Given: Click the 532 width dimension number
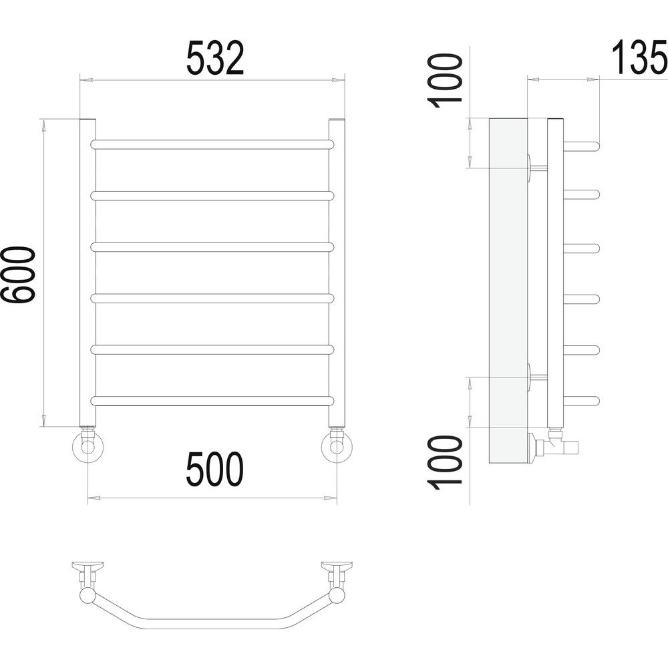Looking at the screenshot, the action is (x=215, y=58).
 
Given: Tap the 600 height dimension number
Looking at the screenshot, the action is (x=17, y=275).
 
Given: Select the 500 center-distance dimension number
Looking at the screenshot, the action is (x=215, y=469).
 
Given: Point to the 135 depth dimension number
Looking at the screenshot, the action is (x=640, y=57).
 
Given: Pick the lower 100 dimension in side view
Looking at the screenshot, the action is (x=446, y=463).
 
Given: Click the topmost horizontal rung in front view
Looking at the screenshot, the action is (x=212, y=144).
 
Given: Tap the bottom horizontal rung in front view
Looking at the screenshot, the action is (x=212, y=401).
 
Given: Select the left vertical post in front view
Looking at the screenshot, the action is (x=88, y=272).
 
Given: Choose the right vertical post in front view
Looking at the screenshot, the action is (x=337, y=272).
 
